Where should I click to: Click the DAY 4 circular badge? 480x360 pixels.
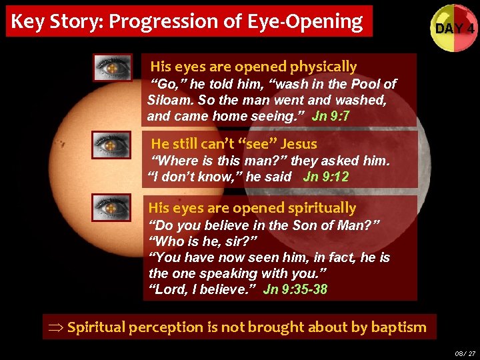[x=454, y=29]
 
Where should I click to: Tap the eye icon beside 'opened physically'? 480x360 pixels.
[x=112, y=67]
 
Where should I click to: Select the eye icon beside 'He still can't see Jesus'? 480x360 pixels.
[x=112, y=144]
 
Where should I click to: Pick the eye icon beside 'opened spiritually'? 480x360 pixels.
[x=111, y=207]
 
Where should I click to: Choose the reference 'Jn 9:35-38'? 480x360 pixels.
[x=295, y=289]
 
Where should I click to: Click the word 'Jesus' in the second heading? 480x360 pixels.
[x=299, y=143]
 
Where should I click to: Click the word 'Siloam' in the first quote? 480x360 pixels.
[x=167, y=100]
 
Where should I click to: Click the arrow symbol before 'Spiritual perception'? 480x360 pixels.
[x=55, y=327]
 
